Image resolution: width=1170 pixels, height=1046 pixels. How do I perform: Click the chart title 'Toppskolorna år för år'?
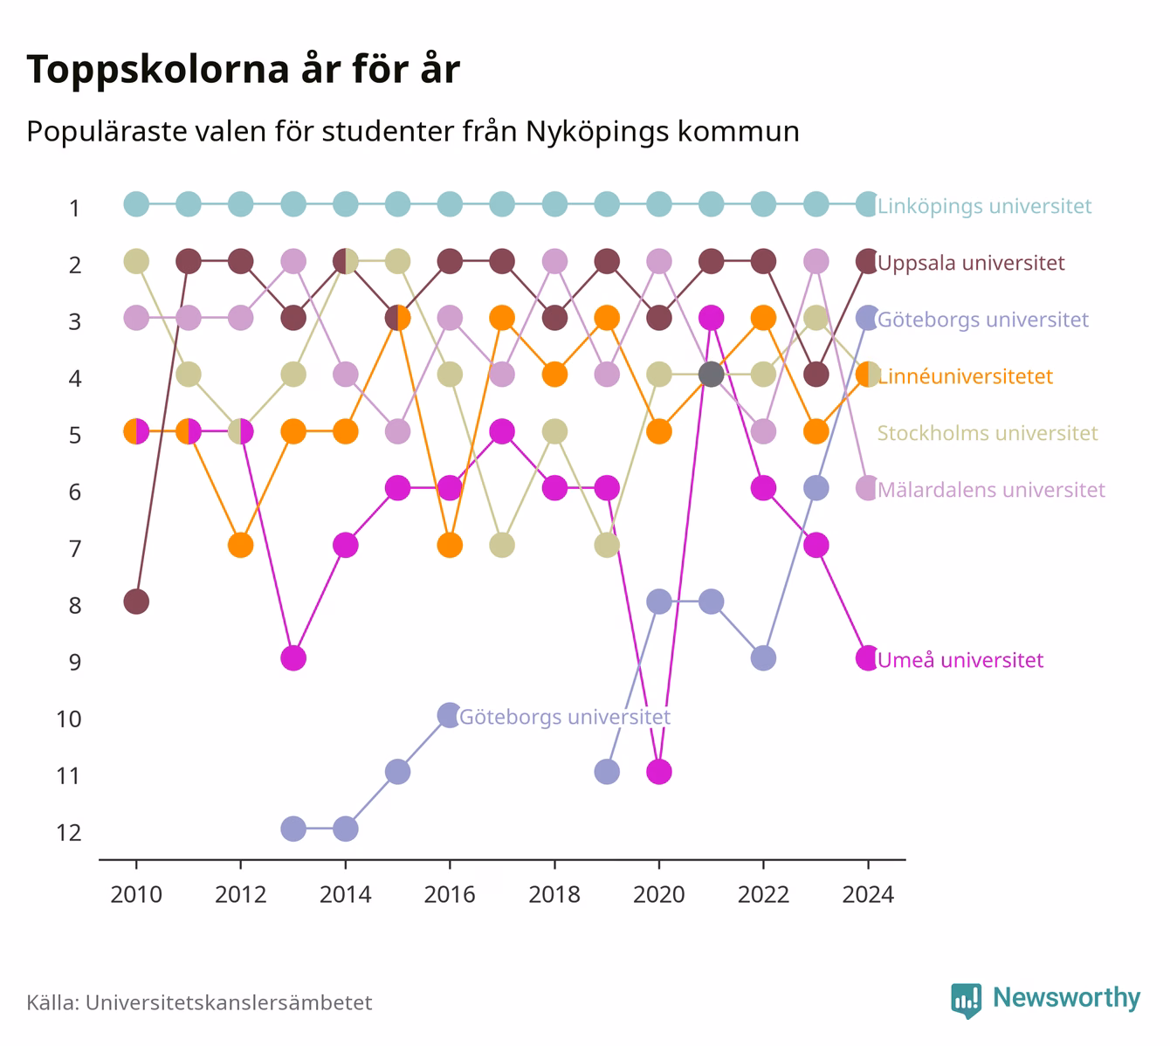pos(243,69)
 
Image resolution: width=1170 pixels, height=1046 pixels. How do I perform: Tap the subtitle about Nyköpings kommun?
pos(413,132)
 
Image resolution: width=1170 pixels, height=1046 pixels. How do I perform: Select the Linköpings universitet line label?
pos(984,206)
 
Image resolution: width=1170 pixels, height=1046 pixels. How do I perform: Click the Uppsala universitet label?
pos(971,263)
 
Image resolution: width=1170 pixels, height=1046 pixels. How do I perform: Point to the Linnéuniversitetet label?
pos(965,376)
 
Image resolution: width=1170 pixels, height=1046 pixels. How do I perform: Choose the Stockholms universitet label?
pos(988,433)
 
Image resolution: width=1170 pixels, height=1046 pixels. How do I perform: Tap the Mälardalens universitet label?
pos(991,490)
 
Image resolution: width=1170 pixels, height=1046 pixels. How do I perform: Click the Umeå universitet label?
pos(960,659)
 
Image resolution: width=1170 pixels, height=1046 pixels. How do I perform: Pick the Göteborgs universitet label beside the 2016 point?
pos(565,717)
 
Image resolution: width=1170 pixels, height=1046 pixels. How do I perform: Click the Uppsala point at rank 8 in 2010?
pos(136,602)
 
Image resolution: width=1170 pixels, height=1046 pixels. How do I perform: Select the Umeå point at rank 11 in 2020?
pos(659,772)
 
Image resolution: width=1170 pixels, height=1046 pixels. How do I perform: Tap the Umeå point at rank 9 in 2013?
pos(293,658)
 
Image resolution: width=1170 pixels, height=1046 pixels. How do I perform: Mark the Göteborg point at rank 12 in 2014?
pos(346,829)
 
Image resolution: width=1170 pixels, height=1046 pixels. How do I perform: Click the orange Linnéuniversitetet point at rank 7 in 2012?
pos(241,545)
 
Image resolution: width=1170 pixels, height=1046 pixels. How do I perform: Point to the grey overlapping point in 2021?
pos(712,375)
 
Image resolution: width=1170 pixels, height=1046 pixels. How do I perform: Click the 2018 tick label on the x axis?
pos(554,895)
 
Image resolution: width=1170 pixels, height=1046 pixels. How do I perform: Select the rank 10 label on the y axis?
pos(69,719)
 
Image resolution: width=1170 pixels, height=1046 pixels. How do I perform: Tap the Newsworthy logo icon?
pos(967,1001)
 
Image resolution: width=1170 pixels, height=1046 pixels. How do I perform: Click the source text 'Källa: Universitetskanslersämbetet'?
pos(199,1002)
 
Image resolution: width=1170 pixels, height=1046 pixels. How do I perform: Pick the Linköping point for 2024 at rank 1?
pos(868,204)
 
